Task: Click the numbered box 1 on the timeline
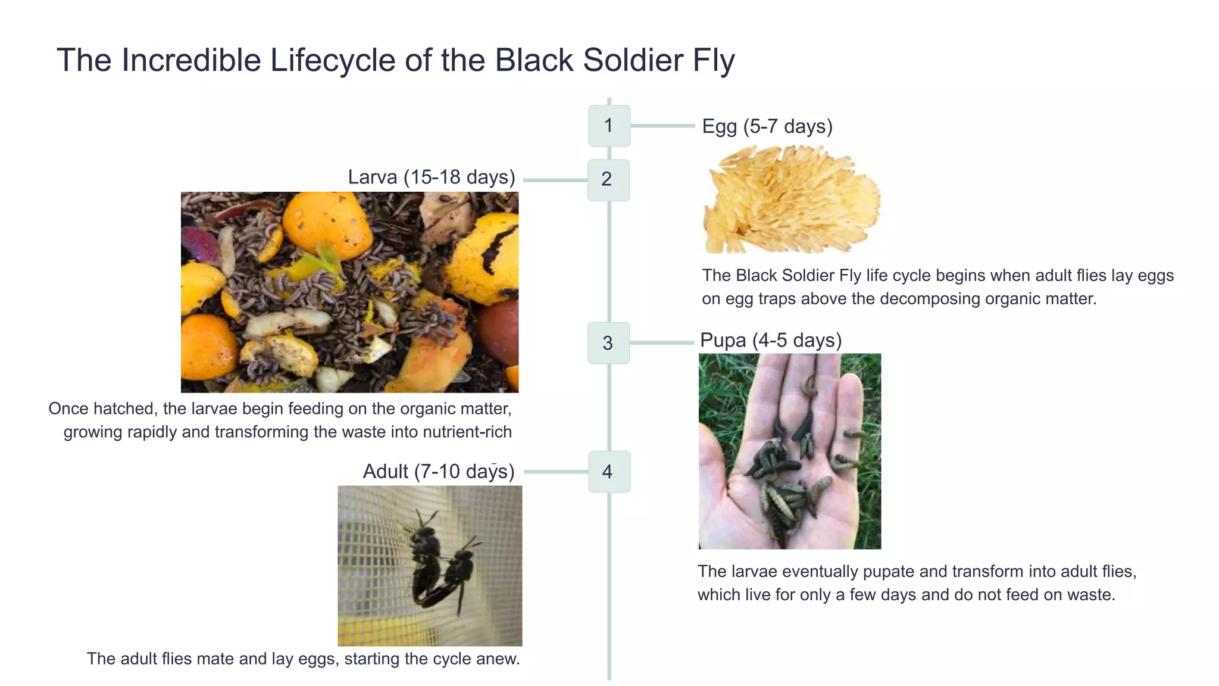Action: click(x=609, y=126)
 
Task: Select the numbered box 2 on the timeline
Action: click(x=608, y=180)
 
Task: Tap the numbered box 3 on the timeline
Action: click(x=608, y=343)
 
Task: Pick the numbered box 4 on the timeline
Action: click(x=609, y=472)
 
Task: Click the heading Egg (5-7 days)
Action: click(x=767, y=126)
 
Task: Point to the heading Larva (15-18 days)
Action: click(x=431, y=177)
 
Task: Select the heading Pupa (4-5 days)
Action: click(x=770, y=340)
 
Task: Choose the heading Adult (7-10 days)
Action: click(x=438, y=472)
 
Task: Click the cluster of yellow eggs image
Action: click(x=790, y=199)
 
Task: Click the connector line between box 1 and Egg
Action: click(x=662, y=126)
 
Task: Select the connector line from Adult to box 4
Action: click(x=555, y=472)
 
